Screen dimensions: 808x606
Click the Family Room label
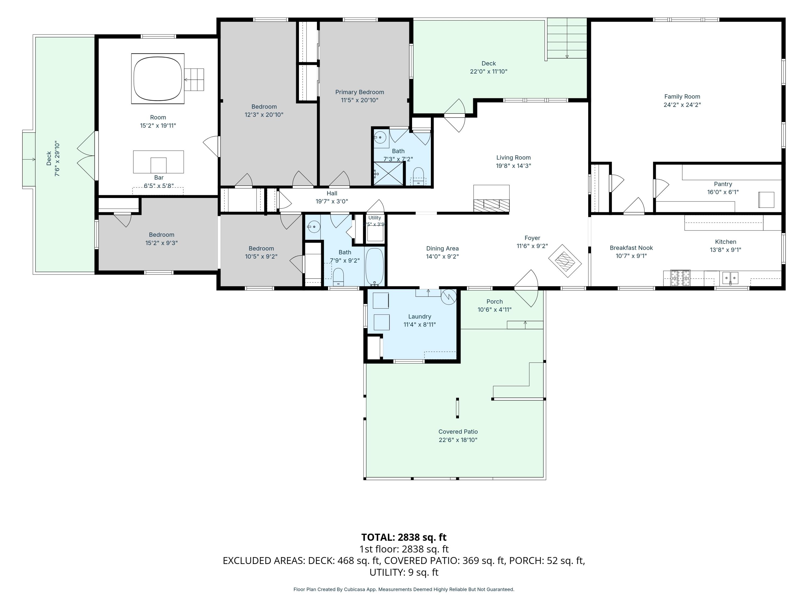coord(682,97)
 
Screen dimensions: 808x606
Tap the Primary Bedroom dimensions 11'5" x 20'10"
coord(360,100)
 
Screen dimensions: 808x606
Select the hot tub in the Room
coord(158,79)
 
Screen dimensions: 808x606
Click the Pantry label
coord(723,184)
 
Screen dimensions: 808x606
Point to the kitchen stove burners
coord(680,278)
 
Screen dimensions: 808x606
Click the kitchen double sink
coord(730,278)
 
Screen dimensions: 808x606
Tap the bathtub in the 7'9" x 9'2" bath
coord(374,267)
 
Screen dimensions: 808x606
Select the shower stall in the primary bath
coord(388,173)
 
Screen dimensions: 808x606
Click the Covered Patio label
coord(458,432)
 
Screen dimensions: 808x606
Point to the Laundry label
coord(420,317)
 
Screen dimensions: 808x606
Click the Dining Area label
coord(442,248)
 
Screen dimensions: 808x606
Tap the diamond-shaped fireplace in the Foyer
coord(565,261)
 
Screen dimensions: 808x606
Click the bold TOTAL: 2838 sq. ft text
coord(404,537)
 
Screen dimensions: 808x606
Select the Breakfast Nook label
coord(631,248)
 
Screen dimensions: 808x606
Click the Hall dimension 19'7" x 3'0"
coord(332,201)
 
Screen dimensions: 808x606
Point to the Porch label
coord(494,302)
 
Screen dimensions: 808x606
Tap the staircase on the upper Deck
coord(567,39)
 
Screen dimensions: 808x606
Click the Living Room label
coord(513,158)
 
